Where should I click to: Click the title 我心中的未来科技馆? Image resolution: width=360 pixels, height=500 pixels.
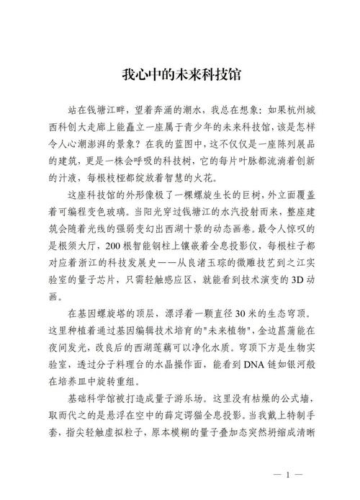coord(180,75)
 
